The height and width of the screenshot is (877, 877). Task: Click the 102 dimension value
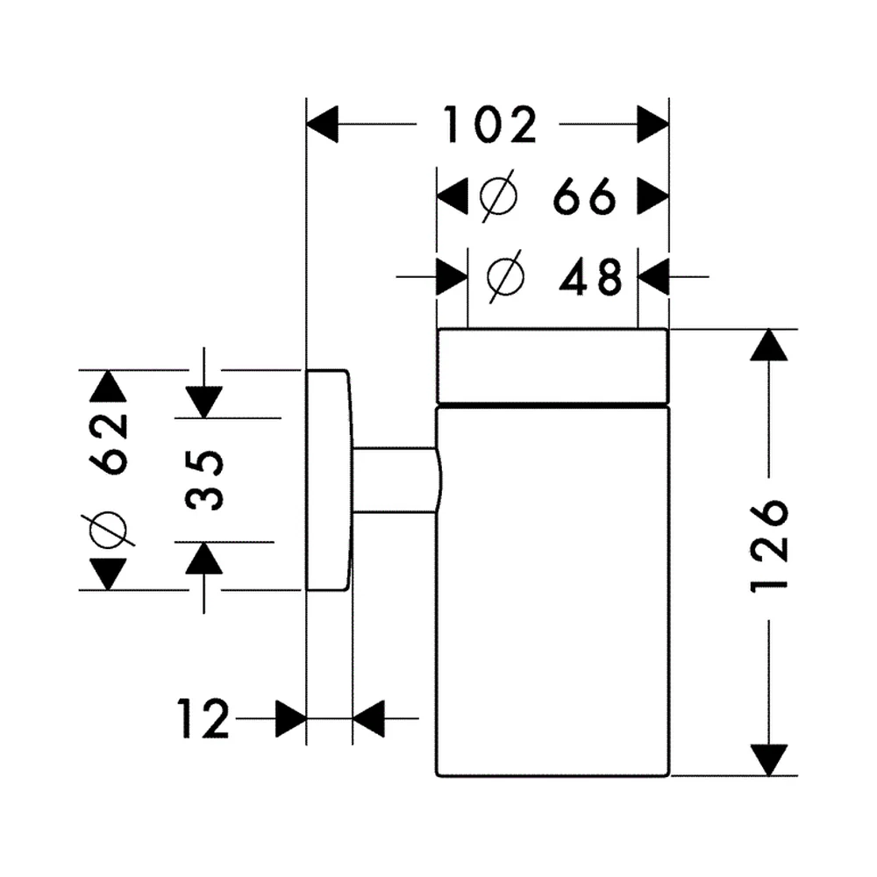click(x=490, y=125)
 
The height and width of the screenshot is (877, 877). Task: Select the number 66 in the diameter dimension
click(x=584, y=196)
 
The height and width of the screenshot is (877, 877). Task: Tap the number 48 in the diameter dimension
click(x=590, y=276)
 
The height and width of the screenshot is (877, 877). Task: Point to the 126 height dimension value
click(x=769, y=545)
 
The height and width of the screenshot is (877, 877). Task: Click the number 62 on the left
click(x=109, y=443)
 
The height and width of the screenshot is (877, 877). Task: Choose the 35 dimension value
click(x=204, y=480)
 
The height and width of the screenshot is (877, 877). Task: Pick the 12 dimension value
click(x=203, y=718)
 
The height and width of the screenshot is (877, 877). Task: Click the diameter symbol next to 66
click(x=499, y=196)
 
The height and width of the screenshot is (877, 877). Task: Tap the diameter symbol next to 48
click(x=506, y=276)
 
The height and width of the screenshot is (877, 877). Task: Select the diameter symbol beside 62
click(x=109, y=529)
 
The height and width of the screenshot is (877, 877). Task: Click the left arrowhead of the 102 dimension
click(x=322, y=125)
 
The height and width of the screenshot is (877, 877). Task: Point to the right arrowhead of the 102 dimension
click(x=653, y=125)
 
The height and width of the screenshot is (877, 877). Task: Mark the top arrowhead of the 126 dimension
click(x=769, y=345)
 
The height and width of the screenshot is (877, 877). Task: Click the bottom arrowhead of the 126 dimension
click(x=769, y=760)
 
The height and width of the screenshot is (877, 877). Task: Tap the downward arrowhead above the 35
click(x=204, y=403)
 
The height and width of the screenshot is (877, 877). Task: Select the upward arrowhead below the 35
click(x=204, y=558)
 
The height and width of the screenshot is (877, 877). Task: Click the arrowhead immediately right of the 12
click(x=291, y=718)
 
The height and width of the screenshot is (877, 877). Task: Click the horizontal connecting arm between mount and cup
click(x=396, y=480)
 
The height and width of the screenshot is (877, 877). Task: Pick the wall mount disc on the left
click(x=329, y=480)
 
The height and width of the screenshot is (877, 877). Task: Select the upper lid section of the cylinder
click(x=553, y=365)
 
